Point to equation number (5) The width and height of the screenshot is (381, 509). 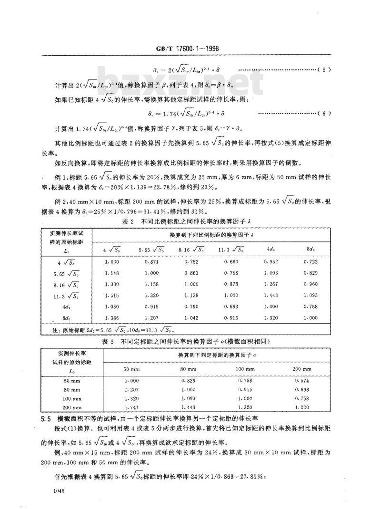tap(325, 70)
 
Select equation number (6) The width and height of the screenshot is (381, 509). tap(325, 114)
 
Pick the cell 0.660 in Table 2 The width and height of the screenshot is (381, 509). tap(231, 262)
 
